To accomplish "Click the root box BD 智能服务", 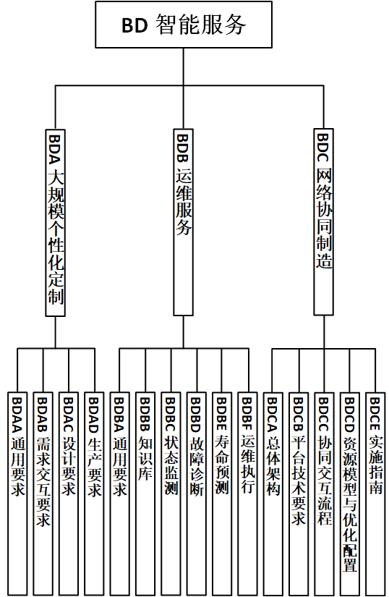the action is pos(184,25).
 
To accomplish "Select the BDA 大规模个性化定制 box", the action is pos(56,223).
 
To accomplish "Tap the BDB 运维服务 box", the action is pos(183,222).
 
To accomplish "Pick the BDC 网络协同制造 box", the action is pos(324,222).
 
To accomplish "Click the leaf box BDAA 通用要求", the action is pos(17,494).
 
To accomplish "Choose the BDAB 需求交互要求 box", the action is pos(43,494).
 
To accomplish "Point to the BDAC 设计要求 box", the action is pos(69,494).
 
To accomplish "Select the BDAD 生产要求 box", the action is pos(94,494).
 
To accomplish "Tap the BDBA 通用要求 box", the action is pos(120,494).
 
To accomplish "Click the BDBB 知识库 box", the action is pos(145,494).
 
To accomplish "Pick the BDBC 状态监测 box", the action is pos(171,494).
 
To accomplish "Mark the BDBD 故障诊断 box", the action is pos(196,494).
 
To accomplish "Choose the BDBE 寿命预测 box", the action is pos(222,494).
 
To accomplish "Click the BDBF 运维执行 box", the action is pos(247,494).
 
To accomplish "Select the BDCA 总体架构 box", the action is pos(273,494).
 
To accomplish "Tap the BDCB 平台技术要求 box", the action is pos(299,494).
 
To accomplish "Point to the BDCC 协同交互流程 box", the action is pos(325,494).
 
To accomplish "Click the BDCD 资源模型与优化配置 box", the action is pos(350,494).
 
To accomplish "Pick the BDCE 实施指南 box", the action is pos(375,494).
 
